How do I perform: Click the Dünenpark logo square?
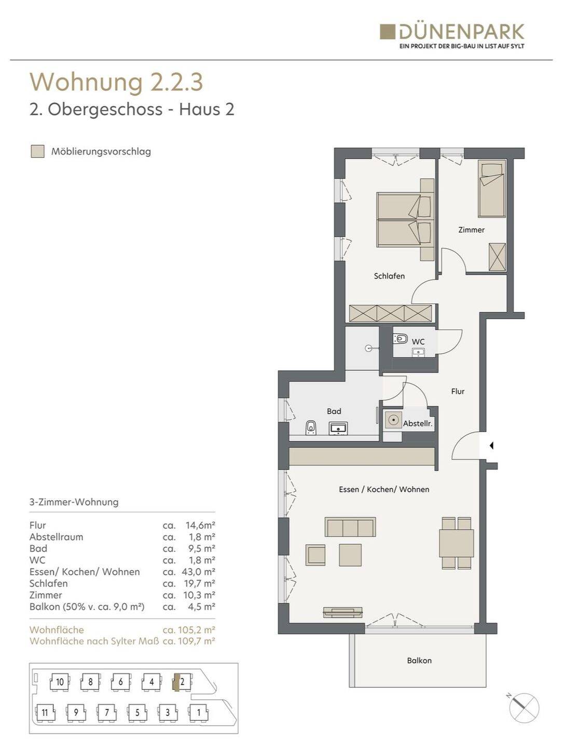pyautogui.click(x=387, y=31)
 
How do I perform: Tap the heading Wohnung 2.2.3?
pyautogui.click(x=116, y=81)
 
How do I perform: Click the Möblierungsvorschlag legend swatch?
pyautogui.click(x=37, y=151)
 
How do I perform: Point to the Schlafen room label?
pyautogui.click(x=389, y=275)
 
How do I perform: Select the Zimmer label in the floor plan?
pyautogui.click(x=471, y=230)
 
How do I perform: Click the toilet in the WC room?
pyautogui.click(x=401, y=339)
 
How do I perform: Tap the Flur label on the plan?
pyautogui.click(x=458, y=391)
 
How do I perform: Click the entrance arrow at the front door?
pyautogui.click(x=491, y=445)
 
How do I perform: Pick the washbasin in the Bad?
pyautogui.click(x=338, y=428)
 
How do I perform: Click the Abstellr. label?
pyautogui.click(x=418, y=424)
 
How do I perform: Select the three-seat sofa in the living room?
pyautogui.click(x=350, y=527)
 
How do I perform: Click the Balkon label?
pyautogui.click(x=419, y=660)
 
